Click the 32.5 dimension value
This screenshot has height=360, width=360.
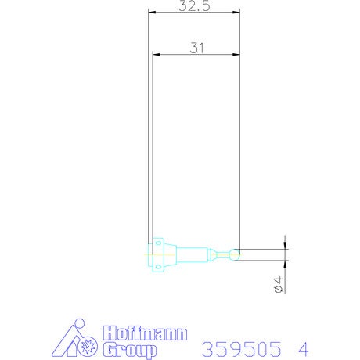(194, 5)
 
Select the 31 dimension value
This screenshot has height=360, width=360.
(196, 48)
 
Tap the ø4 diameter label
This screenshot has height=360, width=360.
(279, 285)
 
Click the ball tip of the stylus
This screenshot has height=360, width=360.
(235, 254)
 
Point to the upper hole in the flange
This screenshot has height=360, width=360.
(158, 243)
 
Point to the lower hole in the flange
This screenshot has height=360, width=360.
(158, 267)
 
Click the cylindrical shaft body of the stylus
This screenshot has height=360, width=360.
(193, 255)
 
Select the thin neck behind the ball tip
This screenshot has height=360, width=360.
(224, 254)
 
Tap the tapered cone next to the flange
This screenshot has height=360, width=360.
(171, 255)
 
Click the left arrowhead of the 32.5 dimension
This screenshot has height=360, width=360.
(152, 12)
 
